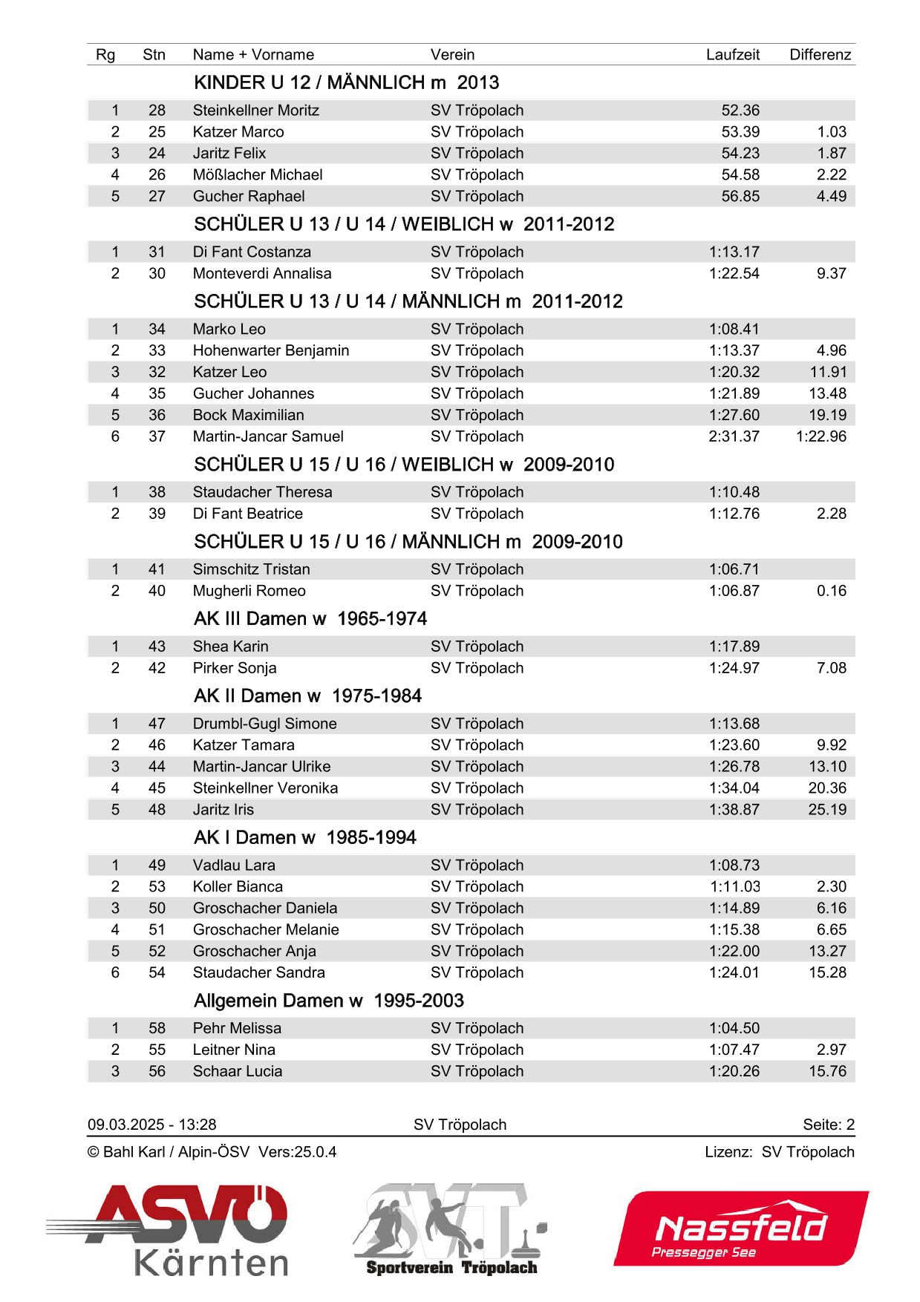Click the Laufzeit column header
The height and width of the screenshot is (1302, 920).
pos(732,54)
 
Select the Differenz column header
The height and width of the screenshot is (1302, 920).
pos(820,54)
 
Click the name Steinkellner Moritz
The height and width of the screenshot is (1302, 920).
pos(255,111)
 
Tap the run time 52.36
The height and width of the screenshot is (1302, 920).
pos(740,111)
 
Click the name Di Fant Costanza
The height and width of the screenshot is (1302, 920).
pos(252,252)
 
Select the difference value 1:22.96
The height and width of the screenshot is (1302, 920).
pos(821,436)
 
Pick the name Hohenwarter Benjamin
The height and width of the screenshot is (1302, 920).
pos(270,350)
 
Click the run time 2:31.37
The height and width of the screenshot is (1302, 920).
pos(734,436)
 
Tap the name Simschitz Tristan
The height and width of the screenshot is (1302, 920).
pos(251,569)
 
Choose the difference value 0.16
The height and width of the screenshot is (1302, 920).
pos(831,591)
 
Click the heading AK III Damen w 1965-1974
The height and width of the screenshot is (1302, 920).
pos(310,619)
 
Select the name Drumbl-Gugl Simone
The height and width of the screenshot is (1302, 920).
pos(264,724)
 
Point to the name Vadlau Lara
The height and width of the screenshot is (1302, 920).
pos(234,866)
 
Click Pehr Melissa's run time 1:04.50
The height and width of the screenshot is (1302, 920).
pos(734,1028)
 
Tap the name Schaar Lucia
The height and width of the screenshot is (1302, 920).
pos(238,1071)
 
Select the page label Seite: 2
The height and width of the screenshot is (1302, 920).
pos(828,1125)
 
